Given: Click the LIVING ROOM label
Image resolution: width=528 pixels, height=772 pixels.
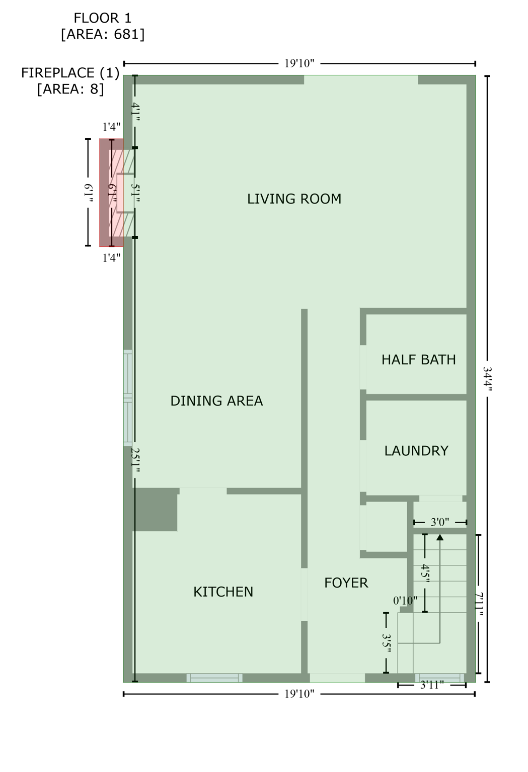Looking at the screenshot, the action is pyautogui.click(x=294, y=199).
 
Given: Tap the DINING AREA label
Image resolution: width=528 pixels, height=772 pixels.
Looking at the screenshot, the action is pyautogui.click(x=217, y=401).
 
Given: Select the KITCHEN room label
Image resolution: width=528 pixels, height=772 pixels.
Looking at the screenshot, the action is pyautogui.click(x=223, y=592).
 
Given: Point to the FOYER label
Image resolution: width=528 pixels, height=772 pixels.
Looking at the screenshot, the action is pyautogui.click(x=346, y=583).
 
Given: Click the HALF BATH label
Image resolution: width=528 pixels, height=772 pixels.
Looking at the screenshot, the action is pyautogui.click(x=419, y=360).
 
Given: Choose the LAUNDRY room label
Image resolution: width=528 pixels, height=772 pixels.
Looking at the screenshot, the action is pyautogui.click(x=417, y=451).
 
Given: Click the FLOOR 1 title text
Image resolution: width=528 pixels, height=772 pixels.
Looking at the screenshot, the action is pyautogui.click(x=103, y=18).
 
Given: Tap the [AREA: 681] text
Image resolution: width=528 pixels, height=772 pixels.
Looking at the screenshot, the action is pyautogui.click(x=103, y=35).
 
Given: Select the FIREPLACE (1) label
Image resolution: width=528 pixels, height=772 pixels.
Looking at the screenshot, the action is pyautogui.click(x=70, y=73).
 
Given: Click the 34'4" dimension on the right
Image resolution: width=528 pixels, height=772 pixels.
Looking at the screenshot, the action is pyautogui.click(x=487, y=379).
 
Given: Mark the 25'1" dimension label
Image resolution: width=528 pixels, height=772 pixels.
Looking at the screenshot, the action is pyautogui.click(x=135, y=460).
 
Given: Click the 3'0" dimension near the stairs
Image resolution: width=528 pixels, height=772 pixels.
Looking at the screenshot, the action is pyautogui.click(x=439, y=522).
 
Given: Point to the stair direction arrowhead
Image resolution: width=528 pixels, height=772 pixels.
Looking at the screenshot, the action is pyautogui.click(x=440, y=537).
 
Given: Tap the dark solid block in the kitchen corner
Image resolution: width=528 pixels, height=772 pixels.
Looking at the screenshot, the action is pyautogui.click(x=156, y=509).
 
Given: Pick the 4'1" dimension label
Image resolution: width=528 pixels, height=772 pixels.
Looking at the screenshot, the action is pyautogui.click(x=135, y=112).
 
